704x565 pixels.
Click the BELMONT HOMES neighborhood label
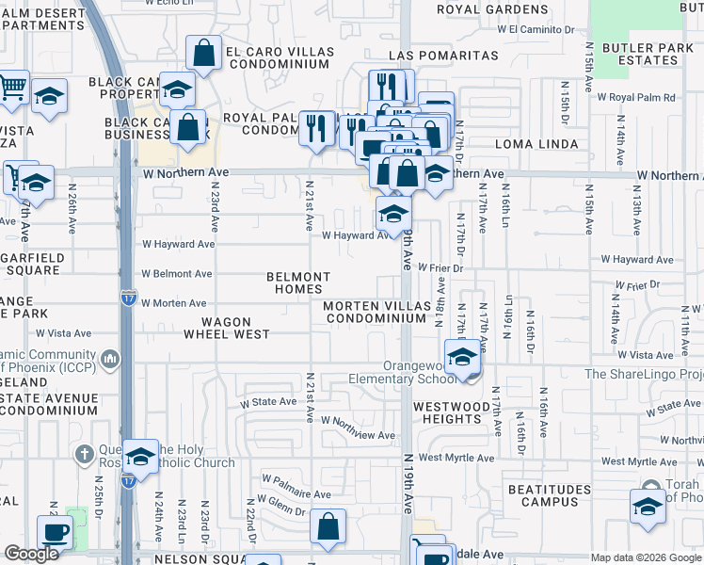298,282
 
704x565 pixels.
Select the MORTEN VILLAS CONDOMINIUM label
376,313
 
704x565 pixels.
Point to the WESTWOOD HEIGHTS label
451,412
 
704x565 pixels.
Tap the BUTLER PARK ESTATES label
642,54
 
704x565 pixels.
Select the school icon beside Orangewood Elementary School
461,358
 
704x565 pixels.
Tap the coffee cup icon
55,532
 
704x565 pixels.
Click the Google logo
32,554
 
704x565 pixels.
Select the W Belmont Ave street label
177,274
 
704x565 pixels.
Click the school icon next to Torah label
648,507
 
